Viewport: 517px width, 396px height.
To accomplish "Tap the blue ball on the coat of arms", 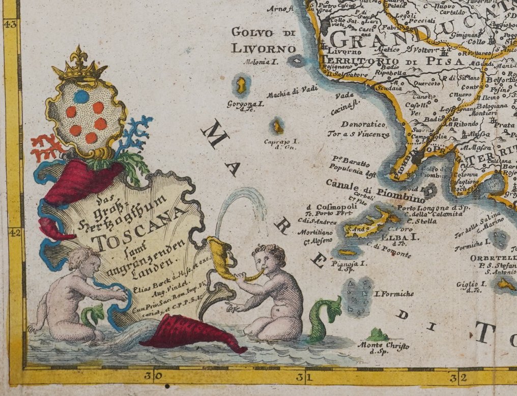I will pos(81,97).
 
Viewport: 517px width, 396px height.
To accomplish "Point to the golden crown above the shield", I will pos(79,67).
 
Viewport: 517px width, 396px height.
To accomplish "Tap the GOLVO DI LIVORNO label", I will pos(263,41).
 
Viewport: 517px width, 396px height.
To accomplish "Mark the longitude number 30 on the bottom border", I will pos(153,377).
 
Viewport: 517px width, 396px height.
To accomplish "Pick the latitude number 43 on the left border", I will pos(11,24).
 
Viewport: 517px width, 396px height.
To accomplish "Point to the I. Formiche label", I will pos(394,293).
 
